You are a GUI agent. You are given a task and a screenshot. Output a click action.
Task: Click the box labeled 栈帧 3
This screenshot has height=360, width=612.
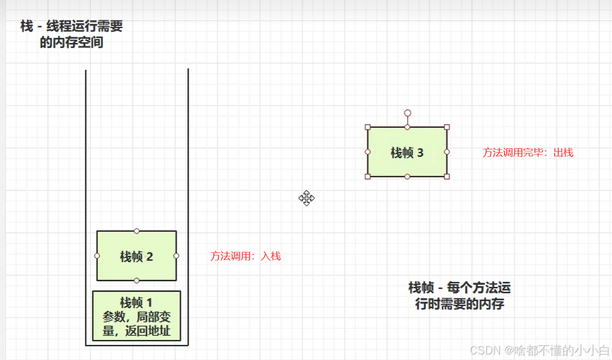pos(407,152)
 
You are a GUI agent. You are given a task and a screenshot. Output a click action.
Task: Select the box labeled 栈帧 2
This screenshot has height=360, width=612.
pos(136,256)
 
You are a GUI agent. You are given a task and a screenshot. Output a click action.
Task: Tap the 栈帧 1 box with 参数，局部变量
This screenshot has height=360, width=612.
pos(136,316)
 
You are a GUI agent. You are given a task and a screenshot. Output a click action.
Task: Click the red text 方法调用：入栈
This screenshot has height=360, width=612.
pos(245,256)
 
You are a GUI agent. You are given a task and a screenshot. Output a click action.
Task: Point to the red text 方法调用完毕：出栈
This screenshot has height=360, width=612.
pos(528,153)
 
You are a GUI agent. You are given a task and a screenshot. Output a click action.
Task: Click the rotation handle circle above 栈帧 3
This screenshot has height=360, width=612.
pos(407,113)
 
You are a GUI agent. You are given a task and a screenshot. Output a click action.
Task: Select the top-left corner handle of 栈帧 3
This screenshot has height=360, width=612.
pos(368,127)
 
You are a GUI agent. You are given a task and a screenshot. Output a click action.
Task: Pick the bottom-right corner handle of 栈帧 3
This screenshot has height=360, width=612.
pos(447,176)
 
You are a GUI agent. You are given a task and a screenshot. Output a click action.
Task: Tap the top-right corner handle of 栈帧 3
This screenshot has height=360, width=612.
pos(447,127)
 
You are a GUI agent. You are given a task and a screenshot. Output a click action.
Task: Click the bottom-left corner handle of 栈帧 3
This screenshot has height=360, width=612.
pos(368,176)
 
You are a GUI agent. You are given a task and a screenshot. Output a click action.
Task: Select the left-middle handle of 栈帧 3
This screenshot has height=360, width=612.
pos(368,152)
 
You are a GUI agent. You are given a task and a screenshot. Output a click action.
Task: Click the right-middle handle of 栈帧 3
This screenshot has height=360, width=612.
pos(447,152)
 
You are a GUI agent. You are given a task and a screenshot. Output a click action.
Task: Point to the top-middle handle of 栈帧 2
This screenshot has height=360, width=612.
pos(137,231)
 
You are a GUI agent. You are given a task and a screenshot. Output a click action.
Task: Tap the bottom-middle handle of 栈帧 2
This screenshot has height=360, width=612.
pos(137,281)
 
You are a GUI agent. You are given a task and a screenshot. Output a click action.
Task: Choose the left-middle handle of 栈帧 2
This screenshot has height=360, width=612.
pos(97,256)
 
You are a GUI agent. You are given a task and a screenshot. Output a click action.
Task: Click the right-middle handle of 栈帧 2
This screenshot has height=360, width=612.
pos(176,256)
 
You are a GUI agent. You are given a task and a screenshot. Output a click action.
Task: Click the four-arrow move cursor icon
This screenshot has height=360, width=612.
pos(307,198)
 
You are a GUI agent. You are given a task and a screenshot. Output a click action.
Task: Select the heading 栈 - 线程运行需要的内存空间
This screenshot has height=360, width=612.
pos(71,34)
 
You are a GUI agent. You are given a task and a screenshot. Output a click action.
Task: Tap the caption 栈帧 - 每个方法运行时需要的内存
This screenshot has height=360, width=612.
pos(459,296)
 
